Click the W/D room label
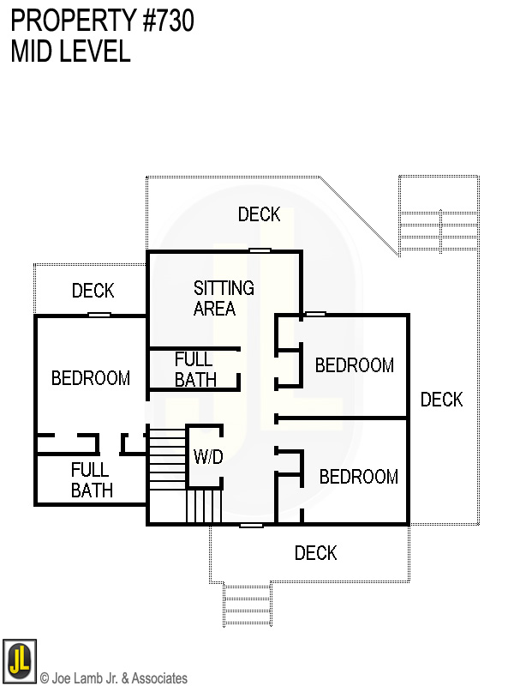coord(208,457)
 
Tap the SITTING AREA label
coord(223,298)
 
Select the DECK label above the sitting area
coord(259,214)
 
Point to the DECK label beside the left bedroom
coord(93,292)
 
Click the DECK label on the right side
coord(441,400)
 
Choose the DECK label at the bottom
coord(315,553)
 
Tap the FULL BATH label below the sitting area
coord(194,370)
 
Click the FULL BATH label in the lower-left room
coord(90,480)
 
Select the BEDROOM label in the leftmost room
coord(91,378)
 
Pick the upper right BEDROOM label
coord(354,366)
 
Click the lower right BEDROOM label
coord(358,477)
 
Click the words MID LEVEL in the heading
coord(70,51)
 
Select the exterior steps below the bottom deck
coord(248,604)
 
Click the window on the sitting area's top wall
coord(260,250)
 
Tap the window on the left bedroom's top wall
coord(99,315)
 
